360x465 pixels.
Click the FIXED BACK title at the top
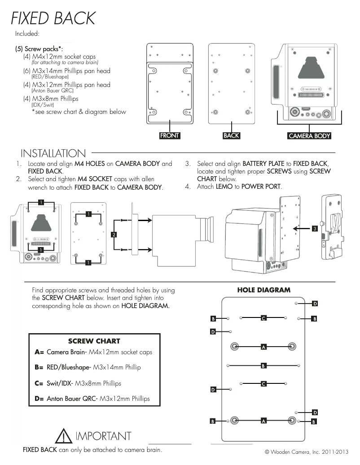[53, 18]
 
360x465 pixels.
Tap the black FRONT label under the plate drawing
[170, 135]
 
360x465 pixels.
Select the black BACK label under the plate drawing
[231, 135]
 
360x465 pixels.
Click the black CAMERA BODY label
[309, 136]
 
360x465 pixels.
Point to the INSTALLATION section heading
[53, 154]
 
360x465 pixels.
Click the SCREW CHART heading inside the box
[94, 341]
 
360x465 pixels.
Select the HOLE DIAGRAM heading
[263, 290]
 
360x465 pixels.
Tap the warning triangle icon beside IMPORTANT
[65, 436]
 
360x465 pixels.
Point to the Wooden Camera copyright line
[307, 452]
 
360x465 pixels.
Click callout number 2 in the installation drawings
[114, 235]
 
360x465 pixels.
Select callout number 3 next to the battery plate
[315, 229]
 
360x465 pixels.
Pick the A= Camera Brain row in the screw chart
[93, 352]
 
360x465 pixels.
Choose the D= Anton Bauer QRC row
[92, 398]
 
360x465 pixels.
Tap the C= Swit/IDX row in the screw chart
[78, 383]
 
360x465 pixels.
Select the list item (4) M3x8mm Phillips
[51, 99]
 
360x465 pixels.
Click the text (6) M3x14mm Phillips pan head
[66, 71]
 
